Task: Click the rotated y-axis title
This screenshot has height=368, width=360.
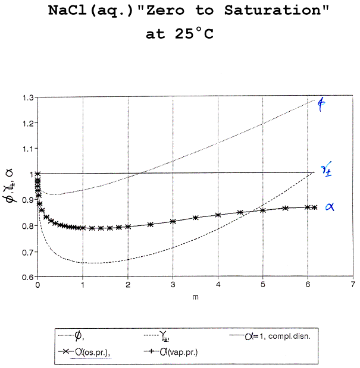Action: [x=10, y=187]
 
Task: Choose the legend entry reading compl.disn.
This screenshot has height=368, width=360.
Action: [x=271, y=337]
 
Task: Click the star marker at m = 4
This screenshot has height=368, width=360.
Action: [x=218, y=215]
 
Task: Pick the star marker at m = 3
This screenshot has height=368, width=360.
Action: [x=173, y=222]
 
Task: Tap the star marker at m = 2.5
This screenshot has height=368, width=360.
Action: [x=150, y=225]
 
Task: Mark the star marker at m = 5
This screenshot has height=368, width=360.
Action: [x=263, y=210]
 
